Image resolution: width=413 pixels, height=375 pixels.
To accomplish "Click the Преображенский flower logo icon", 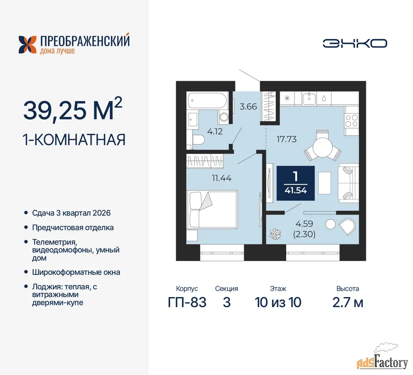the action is (x=27, y=45).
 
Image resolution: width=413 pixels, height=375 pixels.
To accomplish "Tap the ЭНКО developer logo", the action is (x=355, y=44).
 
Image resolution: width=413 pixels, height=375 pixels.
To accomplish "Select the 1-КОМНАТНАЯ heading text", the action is (x=74, y=140).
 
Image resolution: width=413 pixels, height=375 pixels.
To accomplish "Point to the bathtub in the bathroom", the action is (x=207, y=101).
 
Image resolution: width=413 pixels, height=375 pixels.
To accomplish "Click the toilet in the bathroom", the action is (x=198, y=140).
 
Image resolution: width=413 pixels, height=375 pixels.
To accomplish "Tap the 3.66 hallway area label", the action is (x=248, y=107).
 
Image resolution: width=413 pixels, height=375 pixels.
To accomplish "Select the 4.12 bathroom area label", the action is (x=215, y=131).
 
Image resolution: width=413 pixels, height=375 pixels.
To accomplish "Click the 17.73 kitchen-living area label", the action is (x=287, y=139).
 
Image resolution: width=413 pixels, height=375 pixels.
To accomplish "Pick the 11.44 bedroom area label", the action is (x=222, y=178).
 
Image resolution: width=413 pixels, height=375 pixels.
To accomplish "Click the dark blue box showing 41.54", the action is (x=296, y=183).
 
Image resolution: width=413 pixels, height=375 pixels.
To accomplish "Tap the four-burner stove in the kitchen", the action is (x=351, y=121).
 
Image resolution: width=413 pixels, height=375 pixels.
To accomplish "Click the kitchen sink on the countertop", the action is (x=309, y=99).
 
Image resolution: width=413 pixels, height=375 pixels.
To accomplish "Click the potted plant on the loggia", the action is (x=275, y=234).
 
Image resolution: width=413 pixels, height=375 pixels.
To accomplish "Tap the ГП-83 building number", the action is (x=187, y=302).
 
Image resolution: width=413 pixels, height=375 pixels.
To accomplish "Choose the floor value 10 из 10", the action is (x=278, y=302).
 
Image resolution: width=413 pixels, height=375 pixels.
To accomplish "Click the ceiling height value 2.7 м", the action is (x=348, y=302).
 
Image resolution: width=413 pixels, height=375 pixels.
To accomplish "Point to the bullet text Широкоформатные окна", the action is (x=76, y=272).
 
